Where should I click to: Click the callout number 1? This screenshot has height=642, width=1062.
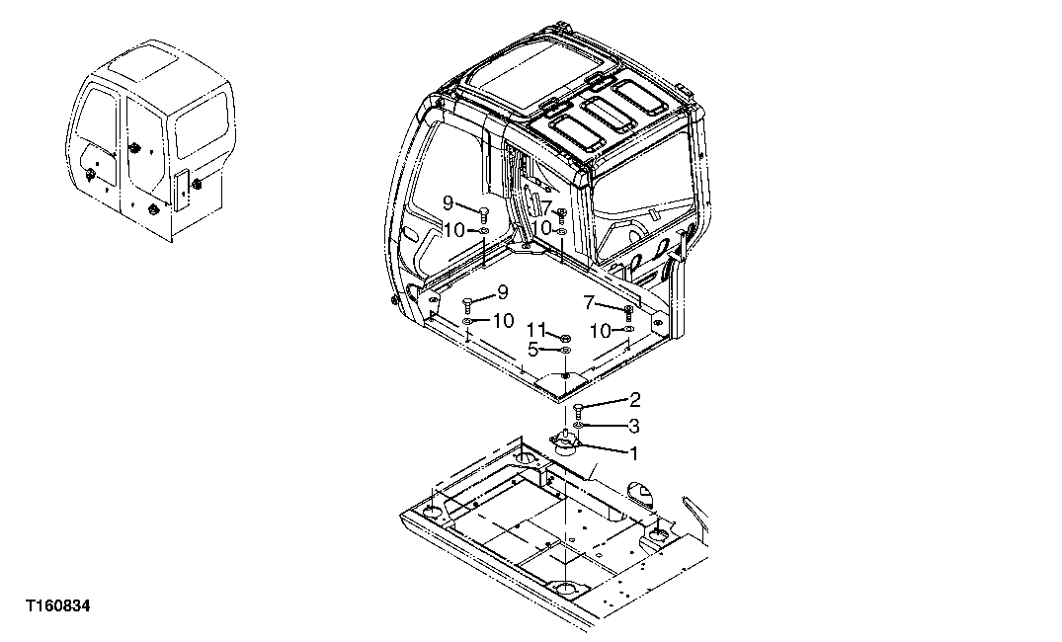coord(633,453)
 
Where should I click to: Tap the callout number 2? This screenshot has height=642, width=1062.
coord(634,400)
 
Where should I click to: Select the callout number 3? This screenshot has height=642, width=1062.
coord(634,426)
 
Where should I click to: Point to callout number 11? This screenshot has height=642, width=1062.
coord(534,329)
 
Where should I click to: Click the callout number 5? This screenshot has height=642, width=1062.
coord(532,349)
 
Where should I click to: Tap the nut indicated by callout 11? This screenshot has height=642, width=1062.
coord(563,337)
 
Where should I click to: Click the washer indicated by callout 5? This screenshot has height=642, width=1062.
coord(563,350)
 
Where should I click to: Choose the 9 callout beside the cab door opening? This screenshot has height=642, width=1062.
coord(448,202)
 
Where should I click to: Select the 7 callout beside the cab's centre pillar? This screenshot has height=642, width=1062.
coord(546,207)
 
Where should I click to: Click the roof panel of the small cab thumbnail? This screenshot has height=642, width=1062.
coord(148,69)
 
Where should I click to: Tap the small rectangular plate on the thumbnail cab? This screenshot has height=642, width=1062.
coord(181,188)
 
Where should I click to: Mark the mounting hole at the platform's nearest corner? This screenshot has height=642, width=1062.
coord(565,591)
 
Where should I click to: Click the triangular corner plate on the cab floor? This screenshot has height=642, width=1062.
coord(564,381)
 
